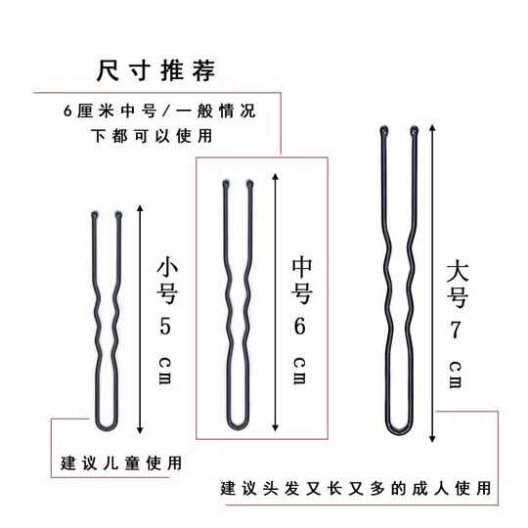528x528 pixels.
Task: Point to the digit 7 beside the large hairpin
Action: [455, 326]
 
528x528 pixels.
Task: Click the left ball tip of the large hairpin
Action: [382, 129]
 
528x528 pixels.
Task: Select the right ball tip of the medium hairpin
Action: [250, 184]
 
